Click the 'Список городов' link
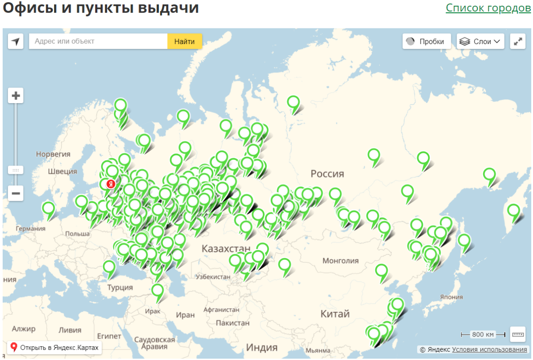(488, 8)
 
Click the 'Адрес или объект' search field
(98, 41)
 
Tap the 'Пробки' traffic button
(426, 41)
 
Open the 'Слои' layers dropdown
(481, 41)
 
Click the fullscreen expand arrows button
(518, 41)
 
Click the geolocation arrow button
(16, 41)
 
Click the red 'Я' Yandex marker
(111, 184)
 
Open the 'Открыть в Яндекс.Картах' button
(54, 348)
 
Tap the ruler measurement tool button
(518, 334)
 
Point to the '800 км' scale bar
(483, 334)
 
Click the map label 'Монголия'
(341, 261)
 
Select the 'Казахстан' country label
(226, 248)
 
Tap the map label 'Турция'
(120, 288)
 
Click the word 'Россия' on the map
(327, 173)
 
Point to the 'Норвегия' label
(53, 154)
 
